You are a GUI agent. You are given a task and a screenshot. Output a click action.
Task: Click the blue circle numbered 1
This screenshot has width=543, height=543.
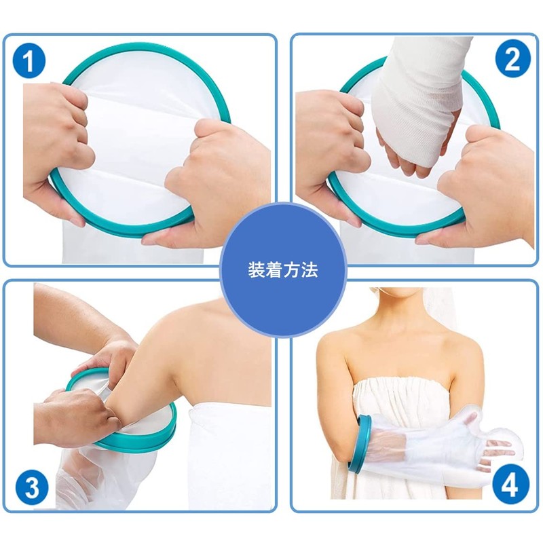pyautogui.click(x=29, y=61)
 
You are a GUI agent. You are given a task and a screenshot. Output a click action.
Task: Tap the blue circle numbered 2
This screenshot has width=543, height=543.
pyautogui.click(x=512, y=58)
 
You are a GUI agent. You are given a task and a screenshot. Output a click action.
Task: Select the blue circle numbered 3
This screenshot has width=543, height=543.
pyautogui.click(x=32, y=488)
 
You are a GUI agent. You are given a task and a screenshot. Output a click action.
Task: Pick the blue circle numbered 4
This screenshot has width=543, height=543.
pyautogui.click(x=510, y=485)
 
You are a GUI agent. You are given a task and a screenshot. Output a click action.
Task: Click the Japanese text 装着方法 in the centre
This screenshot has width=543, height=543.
pyautogui.click(x=282, y=270)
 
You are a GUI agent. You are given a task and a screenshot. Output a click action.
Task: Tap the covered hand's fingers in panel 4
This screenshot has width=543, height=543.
pyautogui.click(x=499, y=450)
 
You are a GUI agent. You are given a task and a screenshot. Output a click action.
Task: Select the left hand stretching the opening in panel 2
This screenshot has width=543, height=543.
pyautogui.click(x=329, y=152)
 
